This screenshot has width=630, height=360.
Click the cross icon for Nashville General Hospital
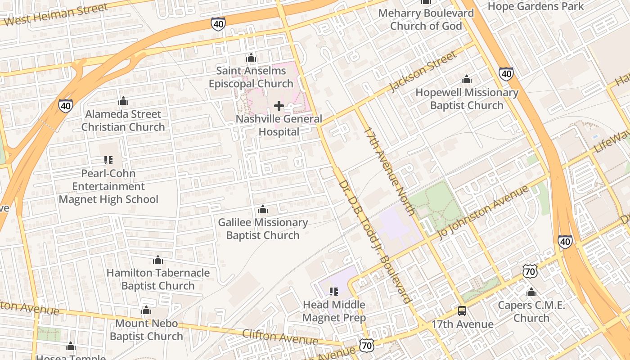[x=279, y=106]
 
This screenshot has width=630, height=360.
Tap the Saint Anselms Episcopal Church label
[x=251, y=77]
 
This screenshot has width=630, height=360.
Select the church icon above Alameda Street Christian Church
[x=123, y=101]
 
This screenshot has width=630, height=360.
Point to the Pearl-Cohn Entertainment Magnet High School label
[x=108, y=186]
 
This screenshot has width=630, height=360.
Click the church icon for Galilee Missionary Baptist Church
[x=263, y=210]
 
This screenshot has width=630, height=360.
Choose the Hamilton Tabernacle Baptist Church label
[x=158, y=279]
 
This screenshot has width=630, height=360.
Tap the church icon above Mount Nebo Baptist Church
[x=146, y=310]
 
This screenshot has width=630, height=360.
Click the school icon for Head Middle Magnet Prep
[x=334, y=292]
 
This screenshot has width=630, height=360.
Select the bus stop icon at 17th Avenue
[x=462, y=311]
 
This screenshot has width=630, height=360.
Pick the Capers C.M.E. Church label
[x=531, y=312]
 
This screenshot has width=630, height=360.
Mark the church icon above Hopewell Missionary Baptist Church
[x=467, y=80]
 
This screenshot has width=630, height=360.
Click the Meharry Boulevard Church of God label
[x=426, y=19]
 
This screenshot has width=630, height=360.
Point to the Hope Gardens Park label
[x=535, y=6]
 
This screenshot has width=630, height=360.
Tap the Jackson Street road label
[x=423, y=72]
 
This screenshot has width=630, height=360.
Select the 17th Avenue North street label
[x=389, y=171]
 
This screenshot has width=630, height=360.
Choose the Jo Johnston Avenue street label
[x=483, y=212]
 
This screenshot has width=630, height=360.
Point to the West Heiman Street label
[x=56, y=14]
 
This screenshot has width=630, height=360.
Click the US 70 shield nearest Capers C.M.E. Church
[x=530, y=271]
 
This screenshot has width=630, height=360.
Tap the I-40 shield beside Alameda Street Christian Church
[x=66, y=106]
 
